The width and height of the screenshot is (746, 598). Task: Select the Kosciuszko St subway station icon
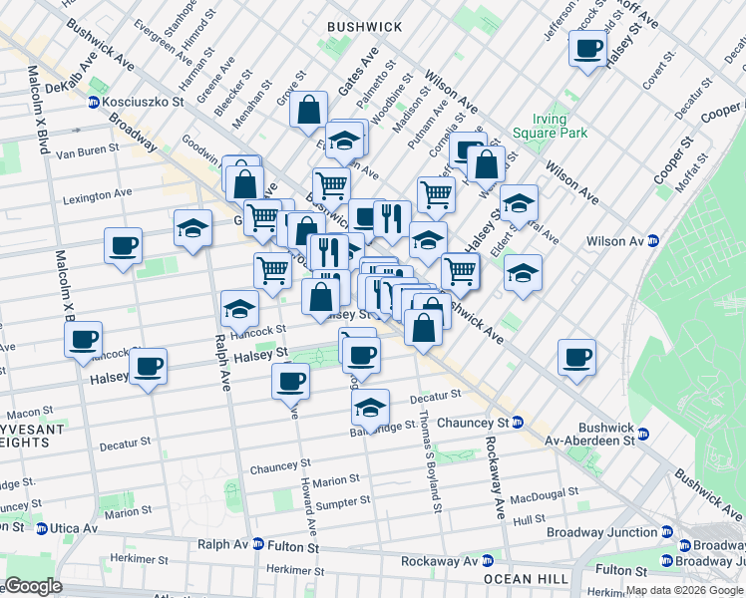click(94, 103)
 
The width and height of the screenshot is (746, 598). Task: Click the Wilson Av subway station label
click(614, 240)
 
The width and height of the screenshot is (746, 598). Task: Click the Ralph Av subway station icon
click(258, 545)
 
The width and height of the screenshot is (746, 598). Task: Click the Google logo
click(34, 586)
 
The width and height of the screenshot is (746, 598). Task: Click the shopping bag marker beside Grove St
click(309, 109)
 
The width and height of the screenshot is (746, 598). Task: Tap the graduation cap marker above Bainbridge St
click(370, 406)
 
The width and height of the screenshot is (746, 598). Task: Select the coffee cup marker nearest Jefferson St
click(586, 47)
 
